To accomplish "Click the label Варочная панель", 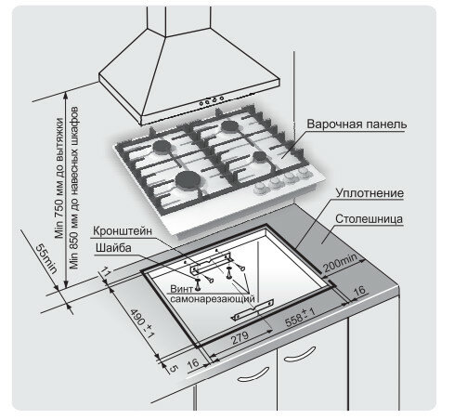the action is pyautogui.click(x=357, y=124).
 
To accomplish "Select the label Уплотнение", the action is pyautogui.click(x=370, y=193).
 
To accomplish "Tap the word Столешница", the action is pyautogui.click(x=370, y=219).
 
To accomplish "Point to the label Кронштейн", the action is pyautogui.click(x=123, y=231).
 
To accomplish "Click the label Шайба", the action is pyautogui.click(x=113, y=248).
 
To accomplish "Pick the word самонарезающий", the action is pyautogui.click(x=213, y=299).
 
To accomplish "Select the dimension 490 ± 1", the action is pyautogui.click(x=142, y=322).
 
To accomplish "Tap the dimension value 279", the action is pyautogui.click(x=240, y=338).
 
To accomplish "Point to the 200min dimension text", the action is pyautogui.click(x=341, y=262).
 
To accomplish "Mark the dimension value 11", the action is pyautogui.click(x=105, y=272).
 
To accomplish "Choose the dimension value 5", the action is pyautogui.click(x=174, y=368).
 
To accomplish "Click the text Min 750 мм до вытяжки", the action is pyautogui.click(x=59, y=178).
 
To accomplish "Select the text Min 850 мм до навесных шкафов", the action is pyautogui.click(x=74, y=188).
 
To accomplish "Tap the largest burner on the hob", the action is pyautogui.click(x=188, y=180).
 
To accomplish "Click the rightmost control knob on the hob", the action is pyautogui.click(x=305, y=172).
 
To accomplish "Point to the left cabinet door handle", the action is pyautogui.click(x=253, y=374).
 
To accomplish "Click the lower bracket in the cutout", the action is pyautogui.click(x=253, y=309).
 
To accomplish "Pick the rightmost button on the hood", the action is pyautogui.click(x=222, y=98).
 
